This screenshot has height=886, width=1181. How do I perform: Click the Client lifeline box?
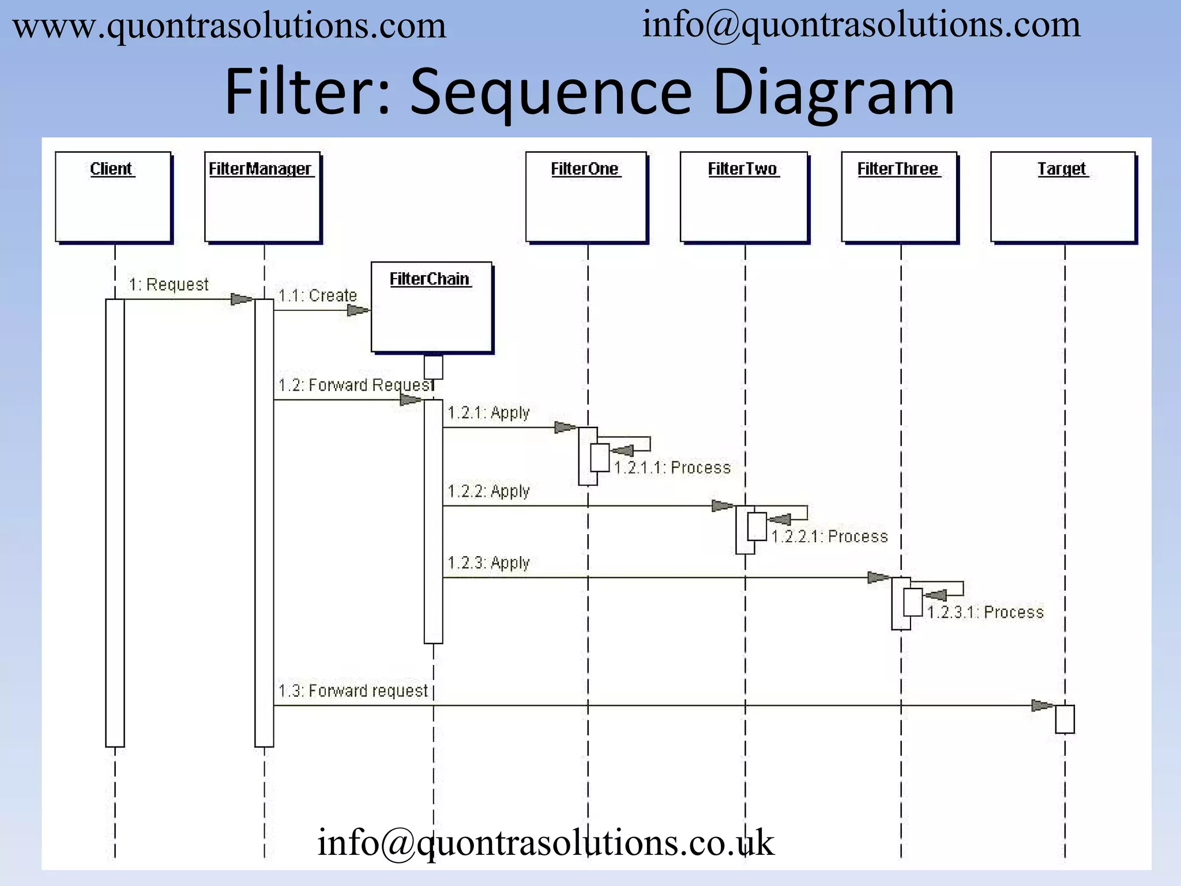[x=113, y=196]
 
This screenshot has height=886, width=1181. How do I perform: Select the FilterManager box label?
[x=260, y=169]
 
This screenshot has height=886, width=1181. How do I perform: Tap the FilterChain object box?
[x=431, y=307]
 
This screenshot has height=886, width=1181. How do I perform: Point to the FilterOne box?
[x=586, y=196]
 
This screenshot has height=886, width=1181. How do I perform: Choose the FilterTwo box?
[x=743, y=196]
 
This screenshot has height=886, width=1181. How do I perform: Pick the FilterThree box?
[x=899, y=196]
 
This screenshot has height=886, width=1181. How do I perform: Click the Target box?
[x=1063, y=196]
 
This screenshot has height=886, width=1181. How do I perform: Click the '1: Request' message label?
[x=168, y=284]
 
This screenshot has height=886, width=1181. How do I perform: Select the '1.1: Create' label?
[x=317, y=295]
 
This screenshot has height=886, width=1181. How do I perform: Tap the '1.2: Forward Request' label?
[x=355, y=385]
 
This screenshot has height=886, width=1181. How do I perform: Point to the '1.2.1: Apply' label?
[x=488, y=412]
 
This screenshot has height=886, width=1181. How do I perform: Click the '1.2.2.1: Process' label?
[x=829, y=536]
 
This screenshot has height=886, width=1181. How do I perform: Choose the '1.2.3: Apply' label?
[x=488, y=562]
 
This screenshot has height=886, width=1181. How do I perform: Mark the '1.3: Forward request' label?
[x=353, y=690]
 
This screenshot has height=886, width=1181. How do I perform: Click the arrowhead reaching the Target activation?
[x=1042, y=705]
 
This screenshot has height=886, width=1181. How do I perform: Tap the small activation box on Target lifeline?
[x=1065, y=719]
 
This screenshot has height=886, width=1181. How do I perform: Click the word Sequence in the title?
[x=550, y=92]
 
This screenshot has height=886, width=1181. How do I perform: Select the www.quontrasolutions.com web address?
[x=230, y=27]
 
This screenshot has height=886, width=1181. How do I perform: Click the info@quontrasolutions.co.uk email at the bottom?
[x=546, y=843]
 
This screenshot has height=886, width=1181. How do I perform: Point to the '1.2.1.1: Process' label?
[x=672, y=467]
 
